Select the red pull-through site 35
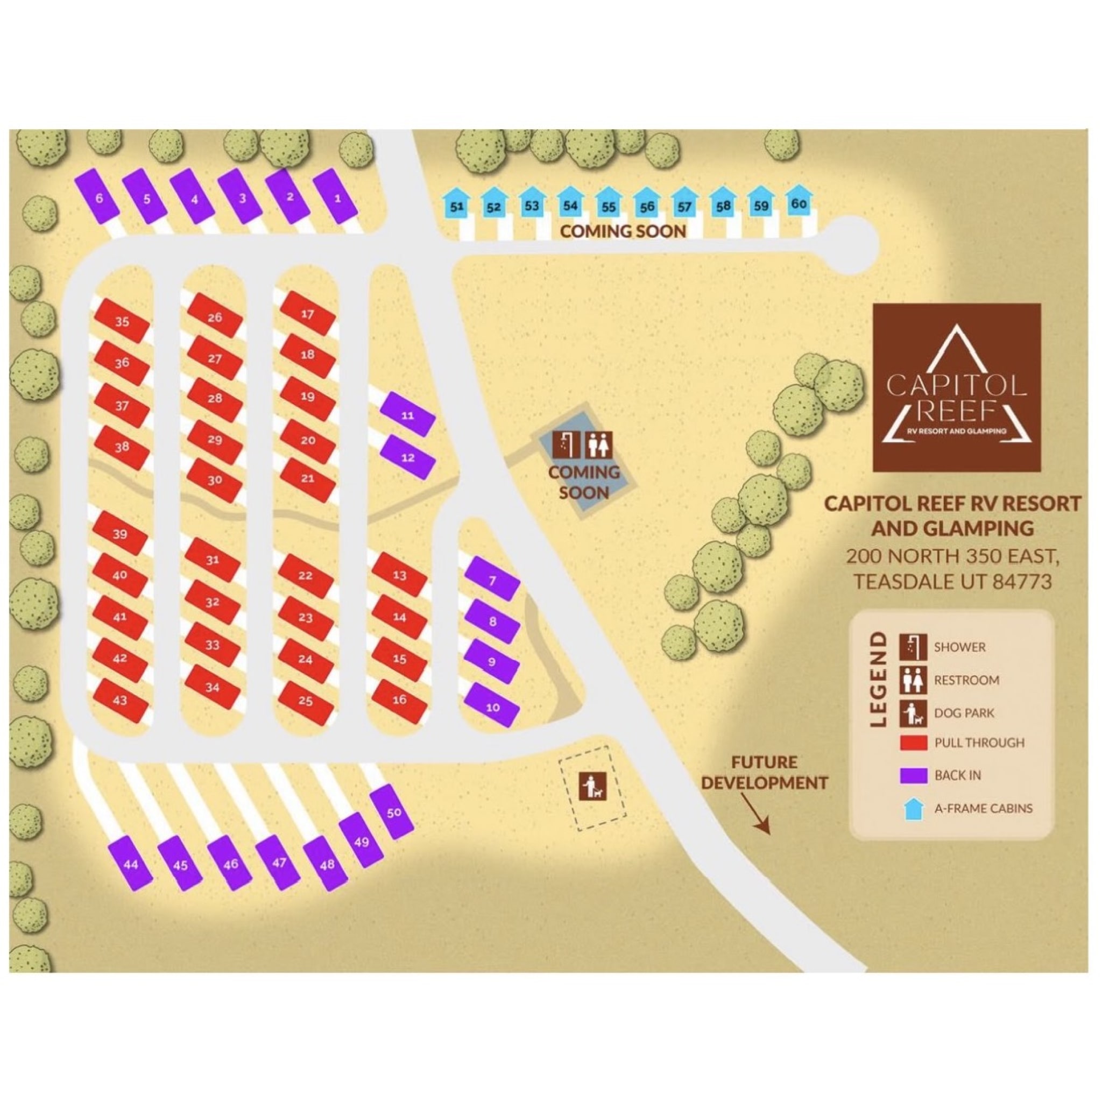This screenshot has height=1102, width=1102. tap(122, 322)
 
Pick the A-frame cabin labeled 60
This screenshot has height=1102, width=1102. tap(799, 203)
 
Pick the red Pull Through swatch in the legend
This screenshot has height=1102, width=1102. tap(913, 743)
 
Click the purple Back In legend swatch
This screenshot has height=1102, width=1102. tap(913, 776)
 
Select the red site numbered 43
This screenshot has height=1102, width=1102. tap(121, 701)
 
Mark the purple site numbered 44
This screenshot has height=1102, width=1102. tap(131, 864)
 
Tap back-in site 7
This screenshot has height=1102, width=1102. tap(492, 581)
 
